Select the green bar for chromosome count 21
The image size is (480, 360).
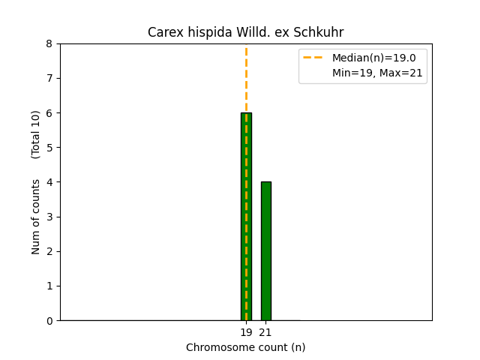[265, 250]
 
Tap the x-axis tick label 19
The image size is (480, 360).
[246, 332]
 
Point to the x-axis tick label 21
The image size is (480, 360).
[265, 332]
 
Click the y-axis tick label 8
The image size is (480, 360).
[49, 43]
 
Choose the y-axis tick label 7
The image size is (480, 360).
[49, 78]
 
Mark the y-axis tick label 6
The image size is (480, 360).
[49, 112]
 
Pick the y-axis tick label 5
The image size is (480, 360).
[49, 148]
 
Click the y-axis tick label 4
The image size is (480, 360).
[49, 182]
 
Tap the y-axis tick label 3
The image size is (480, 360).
[49, 217]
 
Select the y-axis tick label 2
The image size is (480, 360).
[49, 251]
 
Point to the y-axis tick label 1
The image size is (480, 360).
[49, 286]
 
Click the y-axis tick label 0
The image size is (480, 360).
[49, 320]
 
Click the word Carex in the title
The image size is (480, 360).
[163, 32]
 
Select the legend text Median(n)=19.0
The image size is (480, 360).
[373, 58]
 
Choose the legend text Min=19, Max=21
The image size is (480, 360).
[377, 73]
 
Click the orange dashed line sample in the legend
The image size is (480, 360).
[314, 58]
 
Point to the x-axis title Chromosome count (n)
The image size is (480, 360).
[246, 347]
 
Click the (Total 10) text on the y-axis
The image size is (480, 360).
[36, 134]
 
